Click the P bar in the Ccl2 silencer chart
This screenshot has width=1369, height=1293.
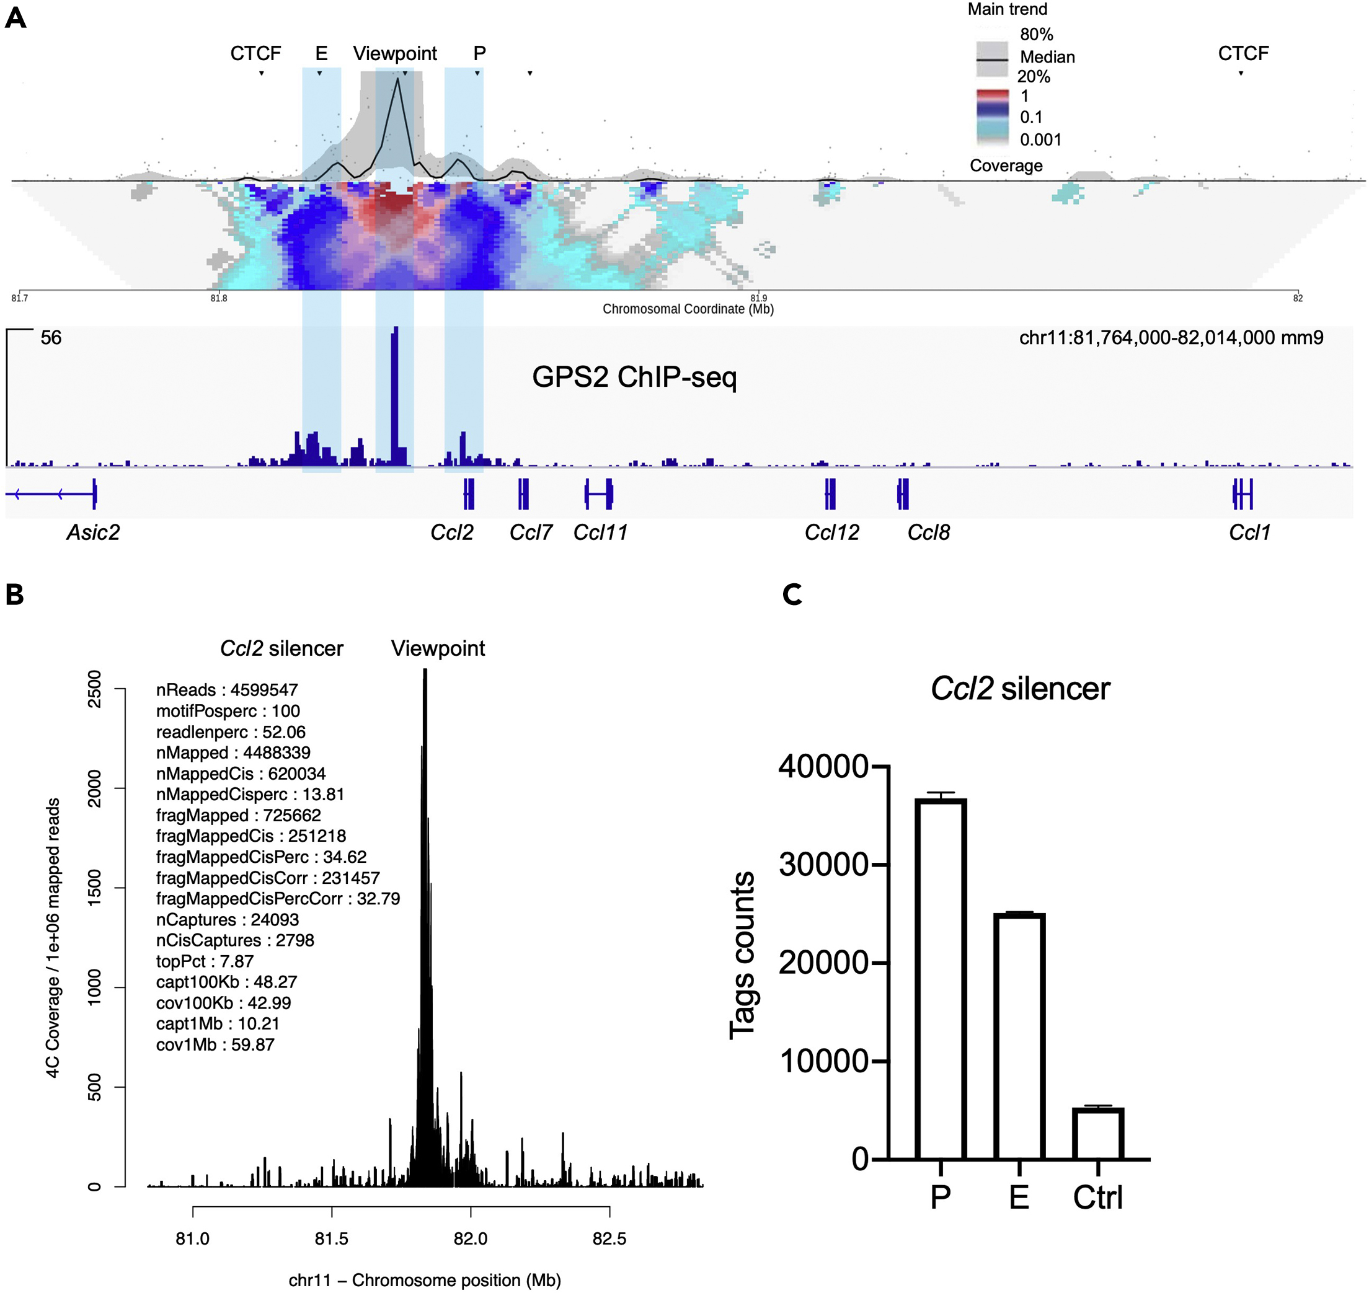coord(940,979)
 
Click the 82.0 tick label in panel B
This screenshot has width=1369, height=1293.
coord(470,1238)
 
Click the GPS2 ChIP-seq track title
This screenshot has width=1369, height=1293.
coord(634,377)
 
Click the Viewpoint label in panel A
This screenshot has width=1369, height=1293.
coord(395,54)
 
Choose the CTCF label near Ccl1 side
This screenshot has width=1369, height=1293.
coord(1243,54)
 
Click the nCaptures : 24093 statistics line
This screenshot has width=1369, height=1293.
coord(228,919)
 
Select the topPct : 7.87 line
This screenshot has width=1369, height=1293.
coord(205,961)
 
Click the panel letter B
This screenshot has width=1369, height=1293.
coord(14,594)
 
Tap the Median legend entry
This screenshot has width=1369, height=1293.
coord(1047,57)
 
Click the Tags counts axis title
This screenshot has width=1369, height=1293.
coord(742,955)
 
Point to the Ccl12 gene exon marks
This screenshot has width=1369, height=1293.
coord(830,493)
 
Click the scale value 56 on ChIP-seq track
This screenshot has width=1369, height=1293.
coord(51,338)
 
